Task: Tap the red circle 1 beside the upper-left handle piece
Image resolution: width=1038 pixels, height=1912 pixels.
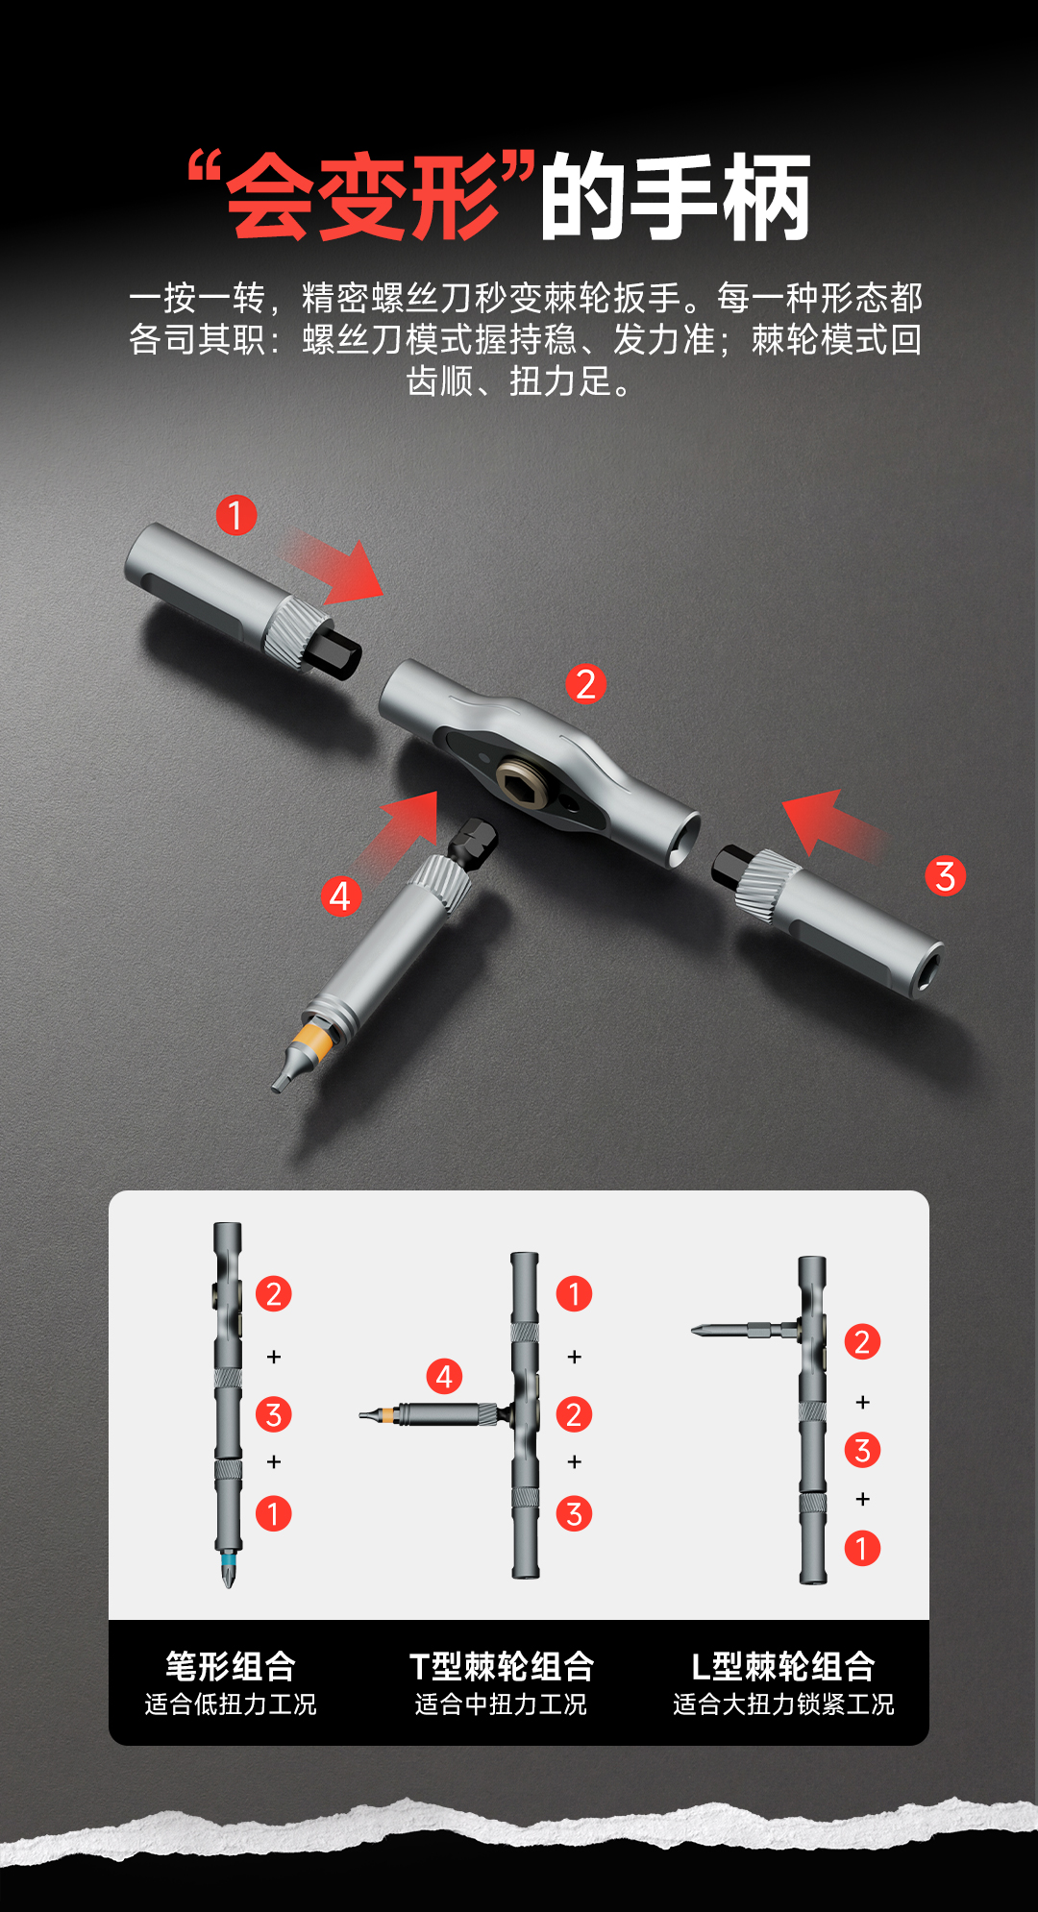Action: click(x=235, y=515)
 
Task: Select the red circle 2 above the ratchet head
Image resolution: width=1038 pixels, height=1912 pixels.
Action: click(x=585, y=684)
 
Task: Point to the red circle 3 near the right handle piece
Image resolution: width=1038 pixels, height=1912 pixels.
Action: click(x=945, y=875)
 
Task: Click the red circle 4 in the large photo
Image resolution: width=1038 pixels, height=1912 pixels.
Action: click(x=340, y=895)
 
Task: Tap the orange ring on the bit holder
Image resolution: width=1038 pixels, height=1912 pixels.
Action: click(x=313, y=1037)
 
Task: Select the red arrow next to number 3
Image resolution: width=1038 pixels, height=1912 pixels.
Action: click(x=831, y=821)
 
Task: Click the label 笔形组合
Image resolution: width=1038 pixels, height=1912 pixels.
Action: click(x=231, y=1665)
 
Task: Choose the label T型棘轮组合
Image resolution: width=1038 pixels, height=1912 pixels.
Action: click(x=502, y=1665)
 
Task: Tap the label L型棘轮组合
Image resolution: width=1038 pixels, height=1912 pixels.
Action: click(x=783, y=1665)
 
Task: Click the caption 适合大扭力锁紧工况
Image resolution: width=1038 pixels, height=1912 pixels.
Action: click(x=783, y=1704)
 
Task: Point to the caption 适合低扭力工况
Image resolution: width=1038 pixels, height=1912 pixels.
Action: click(x=231, y=1704)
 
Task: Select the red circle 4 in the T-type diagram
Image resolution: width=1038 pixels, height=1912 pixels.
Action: click(x=444, y=1376)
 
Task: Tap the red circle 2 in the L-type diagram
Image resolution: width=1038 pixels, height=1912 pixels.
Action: click(x=862, y=1341)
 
